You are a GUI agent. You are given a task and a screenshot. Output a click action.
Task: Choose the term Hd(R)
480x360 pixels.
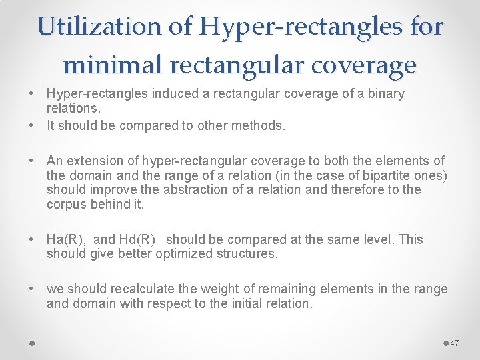tap(137, 239)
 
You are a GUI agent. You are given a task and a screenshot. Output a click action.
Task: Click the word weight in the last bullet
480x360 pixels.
tap(211, 289)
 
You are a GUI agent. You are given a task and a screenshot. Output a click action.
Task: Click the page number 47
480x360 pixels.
tap(455, 343)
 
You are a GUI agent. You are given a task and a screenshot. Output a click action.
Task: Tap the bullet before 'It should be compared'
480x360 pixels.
tap(33, 125)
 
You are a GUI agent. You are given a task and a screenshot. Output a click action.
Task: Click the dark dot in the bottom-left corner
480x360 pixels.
tap(32, 343)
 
